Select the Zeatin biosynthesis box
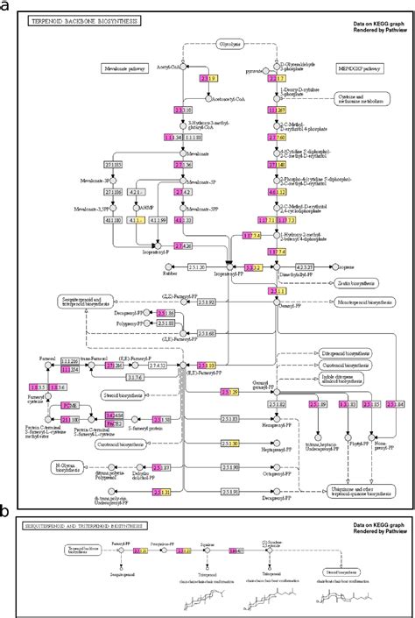356,283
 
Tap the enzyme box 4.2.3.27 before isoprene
303,266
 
